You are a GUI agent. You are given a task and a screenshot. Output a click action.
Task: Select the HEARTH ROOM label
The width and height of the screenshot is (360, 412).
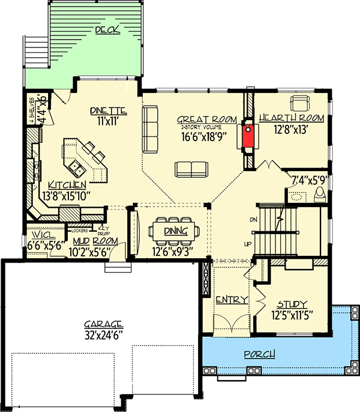coord(291,119)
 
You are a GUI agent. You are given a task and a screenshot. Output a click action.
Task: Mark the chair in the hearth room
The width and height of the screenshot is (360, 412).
coord(299,101)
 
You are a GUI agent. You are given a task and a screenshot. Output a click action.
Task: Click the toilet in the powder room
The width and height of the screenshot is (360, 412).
coord(320,193)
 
